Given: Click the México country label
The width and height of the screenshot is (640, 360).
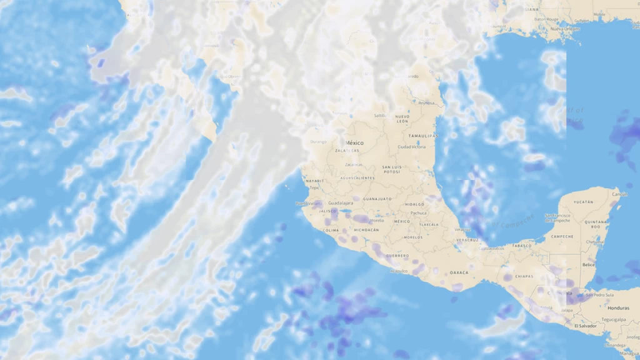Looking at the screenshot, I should tap(354, 143).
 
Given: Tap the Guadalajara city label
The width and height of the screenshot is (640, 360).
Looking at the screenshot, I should tap(341, 203).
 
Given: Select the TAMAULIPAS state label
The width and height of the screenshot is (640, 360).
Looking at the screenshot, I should tap(424, 136).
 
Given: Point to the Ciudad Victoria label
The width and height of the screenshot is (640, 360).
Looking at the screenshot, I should tap(412, 147).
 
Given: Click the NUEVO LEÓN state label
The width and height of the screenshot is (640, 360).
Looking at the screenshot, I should tap(402, 119).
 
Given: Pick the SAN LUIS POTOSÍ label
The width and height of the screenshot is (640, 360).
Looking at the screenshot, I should tap(391, 169).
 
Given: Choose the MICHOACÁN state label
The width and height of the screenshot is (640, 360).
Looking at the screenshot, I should tap(366, 230).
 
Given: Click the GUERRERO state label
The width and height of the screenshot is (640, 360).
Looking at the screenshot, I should tap(397, 256).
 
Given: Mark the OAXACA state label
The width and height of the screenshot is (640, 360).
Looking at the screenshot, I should tap(459, 272).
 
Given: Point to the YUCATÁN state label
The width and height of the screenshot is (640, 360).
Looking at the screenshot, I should tap(583, 202).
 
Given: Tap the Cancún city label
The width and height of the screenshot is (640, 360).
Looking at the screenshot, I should tap(619, 194).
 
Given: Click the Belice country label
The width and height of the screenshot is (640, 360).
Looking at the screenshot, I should tap(588, 265).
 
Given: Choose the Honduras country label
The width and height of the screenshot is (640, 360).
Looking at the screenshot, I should tap(618, 307).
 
